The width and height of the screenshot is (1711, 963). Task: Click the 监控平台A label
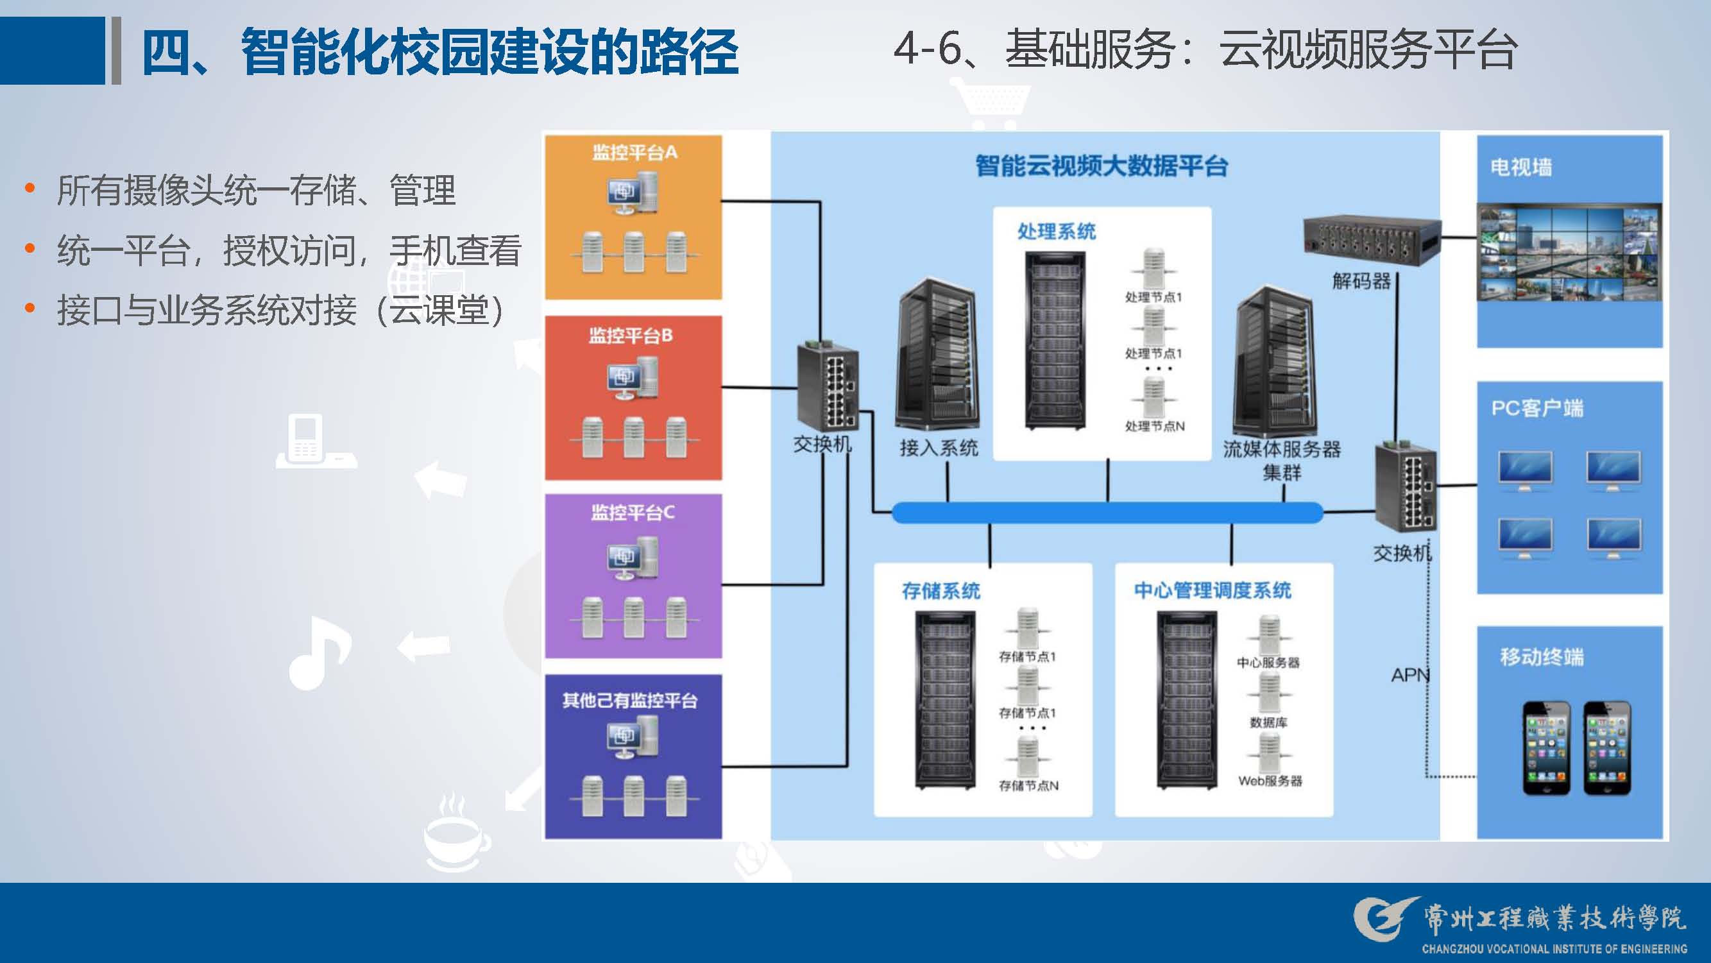(x=634, y=153)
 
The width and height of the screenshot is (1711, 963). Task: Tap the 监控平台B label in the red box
(x=631, y=336)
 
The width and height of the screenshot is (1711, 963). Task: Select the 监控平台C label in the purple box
(x=633, y=513)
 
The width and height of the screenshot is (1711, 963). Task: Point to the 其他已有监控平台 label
(x=629, y=701)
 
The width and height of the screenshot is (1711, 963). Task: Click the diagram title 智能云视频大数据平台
(x=1102, y=166)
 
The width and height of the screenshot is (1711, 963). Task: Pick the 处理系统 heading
(x=1056, y=232)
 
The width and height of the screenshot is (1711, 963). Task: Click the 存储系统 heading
(x=941, y=591)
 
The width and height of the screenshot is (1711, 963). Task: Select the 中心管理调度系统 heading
(x=1212, y=590)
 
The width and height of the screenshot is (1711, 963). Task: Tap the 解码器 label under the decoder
(x=1361, y=282)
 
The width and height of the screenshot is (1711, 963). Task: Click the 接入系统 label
(x=939, y=448)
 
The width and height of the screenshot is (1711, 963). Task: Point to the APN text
(x=1409, y=676)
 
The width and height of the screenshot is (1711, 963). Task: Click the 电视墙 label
(x=1521, y=167)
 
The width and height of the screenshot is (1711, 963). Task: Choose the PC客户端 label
(x=1537, y=408)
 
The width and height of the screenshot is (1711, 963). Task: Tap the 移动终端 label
(x=1542, y=657)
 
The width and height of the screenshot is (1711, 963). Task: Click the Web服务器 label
(x=1270, y=781)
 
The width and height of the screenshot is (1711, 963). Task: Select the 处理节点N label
(x=1154, y=427)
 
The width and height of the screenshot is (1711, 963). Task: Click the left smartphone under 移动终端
(x=1546, y=748)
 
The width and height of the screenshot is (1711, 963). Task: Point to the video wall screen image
(x=1569, y=253)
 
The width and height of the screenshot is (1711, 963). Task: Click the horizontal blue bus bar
(x=1107, y=513)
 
